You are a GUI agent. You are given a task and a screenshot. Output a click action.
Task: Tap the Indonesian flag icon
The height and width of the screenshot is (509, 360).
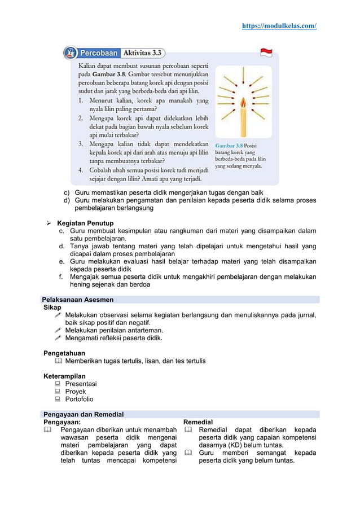coord(266,52)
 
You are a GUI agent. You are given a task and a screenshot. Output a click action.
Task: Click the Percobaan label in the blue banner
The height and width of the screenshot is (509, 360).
coord(98,53)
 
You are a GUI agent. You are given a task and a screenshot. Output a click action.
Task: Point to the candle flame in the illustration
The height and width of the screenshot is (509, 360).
coord(243,103)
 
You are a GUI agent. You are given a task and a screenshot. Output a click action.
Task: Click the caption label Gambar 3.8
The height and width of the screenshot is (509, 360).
coord(229,145)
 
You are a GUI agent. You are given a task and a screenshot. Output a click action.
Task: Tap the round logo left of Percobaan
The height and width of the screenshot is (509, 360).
coord(71,53)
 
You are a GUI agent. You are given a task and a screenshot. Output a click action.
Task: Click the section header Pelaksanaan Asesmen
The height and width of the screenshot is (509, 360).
coord(78,300)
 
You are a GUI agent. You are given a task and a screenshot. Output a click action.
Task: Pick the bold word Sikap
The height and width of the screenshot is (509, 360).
coord(52,308)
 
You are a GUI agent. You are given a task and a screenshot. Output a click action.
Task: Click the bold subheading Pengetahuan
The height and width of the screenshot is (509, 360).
coord(64,353)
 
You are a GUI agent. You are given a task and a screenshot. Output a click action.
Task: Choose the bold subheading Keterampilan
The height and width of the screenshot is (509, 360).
coord(65,376)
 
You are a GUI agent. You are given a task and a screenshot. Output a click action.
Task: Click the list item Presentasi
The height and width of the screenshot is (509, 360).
coord(81,384)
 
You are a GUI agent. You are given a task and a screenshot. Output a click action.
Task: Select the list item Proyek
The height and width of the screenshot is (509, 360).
coord(76,391)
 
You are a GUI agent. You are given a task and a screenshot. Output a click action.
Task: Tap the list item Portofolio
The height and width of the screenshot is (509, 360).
coord(79,399)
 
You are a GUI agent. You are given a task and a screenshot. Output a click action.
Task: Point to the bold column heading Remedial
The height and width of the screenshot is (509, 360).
coord(198,422)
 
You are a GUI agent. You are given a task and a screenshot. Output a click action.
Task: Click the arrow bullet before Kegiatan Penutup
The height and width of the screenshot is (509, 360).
coord(49,223)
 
